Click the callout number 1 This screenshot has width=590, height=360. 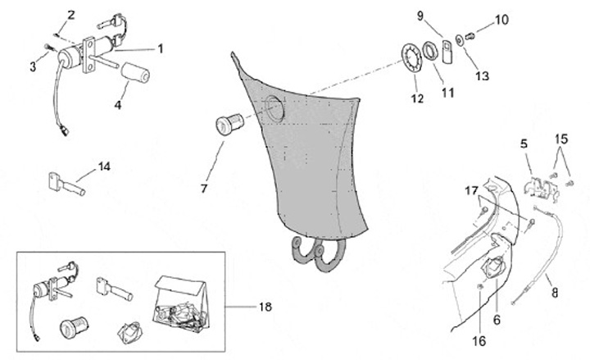click(x=161, y=48)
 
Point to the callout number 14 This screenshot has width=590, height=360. click(x=103, y=167)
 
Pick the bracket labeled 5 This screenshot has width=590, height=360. click(x=535, y=182)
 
